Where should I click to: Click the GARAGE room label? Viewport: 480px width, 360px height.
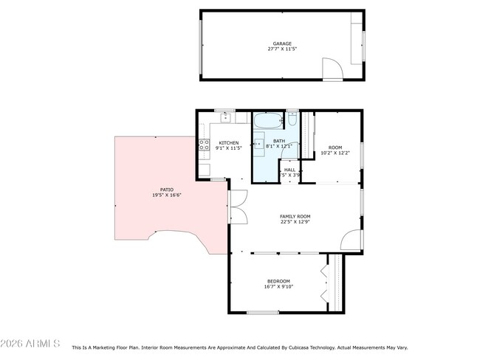pyautogui.click(x=282, y=44)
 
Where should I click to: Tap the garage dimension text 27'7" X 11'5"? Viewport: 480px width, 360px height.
pyautogui.click(x=282, y=49)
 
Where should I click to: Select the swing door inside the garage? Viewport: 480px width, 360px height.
pyautogui.click(x=332, y=70)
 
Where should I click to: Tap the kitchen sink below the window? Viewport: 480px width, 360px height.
pyautogui.click(x=224, y=117)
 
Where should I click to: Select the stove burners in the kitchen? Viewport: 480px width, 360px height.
pyautogui.click(x=202, y=146)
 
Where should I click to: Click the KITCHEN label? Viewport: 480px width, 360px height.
pyautogui.click(x=228, y=142)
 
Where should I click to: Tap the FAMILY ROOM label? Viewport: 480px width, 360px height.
pyautogui.click(x=295, y=216)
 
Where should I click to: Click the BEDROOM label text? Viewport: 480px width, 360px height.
pyautogui.click(x=278, y=281)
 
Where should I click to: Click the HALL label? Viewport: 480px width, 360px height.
pyautogui.click(x=290, y=170)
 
